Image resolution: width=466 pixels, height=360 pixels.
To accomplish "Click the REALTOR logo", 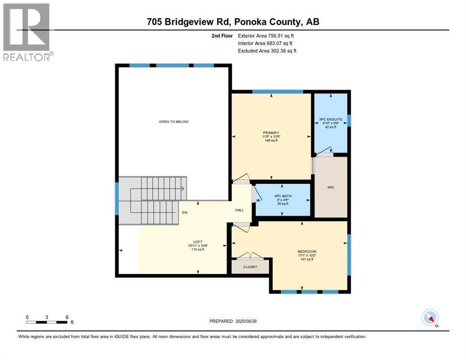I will (x=27, y=32).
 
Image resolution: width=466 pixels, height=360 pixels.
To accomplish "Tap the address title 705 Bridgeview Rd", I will (x=233, y=22).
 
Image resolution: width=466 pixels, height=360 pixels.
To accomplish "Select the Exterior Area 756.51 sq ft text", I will (x=266, y=36).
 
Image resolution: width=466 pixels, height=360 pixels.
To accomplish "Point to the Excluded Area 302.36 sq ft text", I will (x=267, y=51).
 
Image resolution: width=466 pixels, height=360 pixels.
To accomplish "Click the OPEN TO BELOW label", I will (x=173, y=122).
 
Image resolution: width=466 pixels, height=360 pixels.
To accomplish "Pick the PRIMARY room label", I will (x=271, y=133).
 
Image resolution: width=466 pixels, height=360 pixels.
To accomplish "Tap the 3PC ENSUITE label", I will (x=331, y=120).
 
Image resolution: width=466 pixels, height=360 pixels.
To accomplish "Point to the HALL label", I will (x=239, y=210).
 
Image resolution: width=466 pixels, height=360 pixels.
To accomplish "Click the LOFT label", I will (x=197, y=242).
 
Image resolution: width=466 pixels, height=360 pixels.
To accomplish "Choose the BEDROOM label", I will (x=307, y=252).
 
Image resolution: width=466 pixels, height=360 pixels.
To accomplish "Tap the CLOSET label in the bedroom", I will (x=250, y=267).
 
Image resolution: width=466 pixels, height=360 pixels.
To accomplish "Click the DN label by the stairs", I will (x=185, y=212).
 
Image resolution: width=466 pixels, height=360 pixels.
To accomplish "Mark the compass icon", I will (x=430, y=318).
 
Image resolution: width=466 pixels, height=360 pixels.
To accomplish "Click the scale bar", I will (x=47, y=322).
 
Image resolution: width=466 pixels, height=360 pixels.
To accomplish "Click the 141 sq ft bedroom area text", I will (x=307, y=259).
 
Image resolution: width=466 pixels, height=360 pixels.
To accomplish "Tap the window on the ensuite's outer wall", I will (x=349, y=120).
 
